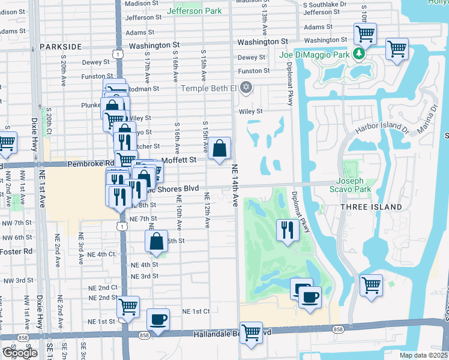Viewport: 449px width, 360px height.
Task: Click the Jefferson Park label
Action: click(x=194, y=11)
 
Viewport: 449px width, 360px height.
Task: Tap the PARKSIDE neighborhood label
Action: click(x=61, y=46)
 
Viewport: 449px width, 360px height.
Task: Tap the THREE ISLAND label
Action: click(x=371, y=207)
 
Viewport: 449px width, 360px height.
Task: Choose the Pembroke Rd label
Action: click(x=91, y=163)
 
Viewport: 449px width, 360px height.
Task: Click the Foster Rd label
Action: click(x=16, y=251)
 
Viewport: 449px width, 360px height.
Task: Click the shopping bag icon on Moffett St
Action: click(x=220, y=148)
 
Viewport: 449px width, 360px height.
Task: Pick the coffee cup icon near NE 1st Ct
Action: click(x=158, y=319)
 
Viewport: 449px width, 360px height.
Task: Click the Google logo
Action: click(x=19, y=353)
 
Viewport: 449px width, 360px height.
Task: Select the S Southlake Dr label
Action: click(x=325, y=4)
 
